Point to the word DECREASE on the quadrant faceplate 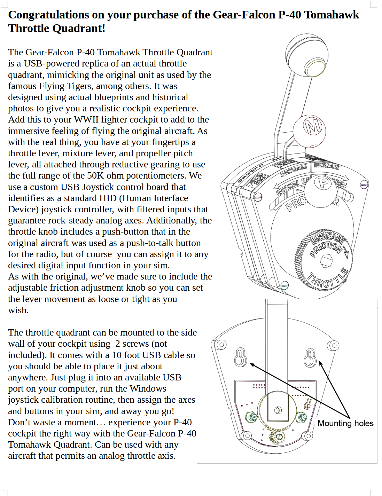pos(294,170)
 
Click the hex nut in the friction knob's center pos(326,260)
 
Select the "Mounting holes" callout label pos(345,423)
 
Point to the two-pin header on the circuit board pos(307,404)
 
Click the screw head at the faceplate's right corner pos(364,184)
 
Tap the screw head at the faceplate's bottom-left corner pos(284,285)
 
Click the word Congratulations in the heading pos(49,15)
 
